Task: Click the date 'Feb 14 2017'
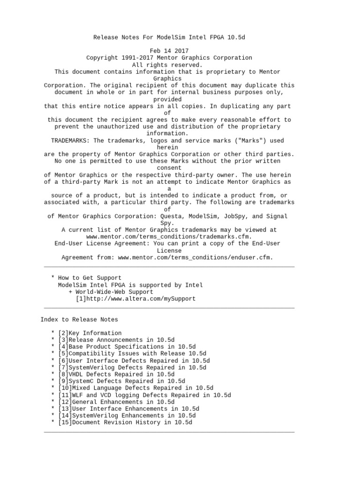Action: tap(169, 51)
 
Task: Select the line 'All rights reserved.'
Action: tap(167, 65)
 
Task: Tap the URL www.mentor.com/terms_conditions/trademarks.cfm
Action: tap(169, 237)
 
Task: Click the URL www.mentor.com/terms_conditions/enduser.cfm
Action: tap(195, 257)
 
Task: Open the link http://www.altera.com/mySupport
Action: tap(139, 299)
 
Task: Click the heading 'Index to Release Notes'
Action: tap(79, 319)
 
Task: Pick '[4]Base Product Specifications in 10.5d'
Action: tap(127, 347)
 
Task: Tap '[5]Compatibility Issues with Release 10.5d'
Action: tap(132, 353)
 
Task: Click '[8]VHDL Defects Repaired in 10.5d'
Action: tap(116, 375)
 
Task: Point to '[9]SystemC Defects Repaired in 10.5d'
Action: tap(121, 381)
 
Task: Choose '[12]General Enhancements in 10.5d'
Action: tap(116, 402)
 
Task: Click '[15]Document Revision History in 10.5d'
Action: tap(125, 422)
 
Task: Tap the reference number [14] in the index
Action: tap(65, 416)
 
